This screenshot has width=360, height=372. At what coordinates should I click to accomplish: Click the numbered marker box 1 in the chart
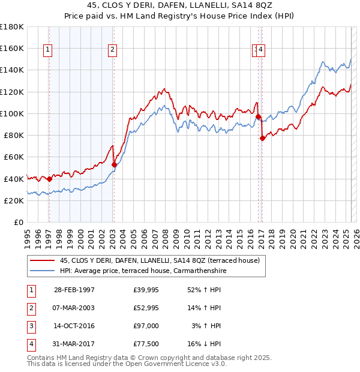click(47, 50)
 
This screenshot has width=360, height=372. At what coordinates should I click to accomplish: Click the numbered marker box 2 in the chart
click(112, 50)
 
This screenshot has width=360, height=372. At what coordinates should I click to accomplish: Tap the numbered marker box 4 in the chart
click(262, 50)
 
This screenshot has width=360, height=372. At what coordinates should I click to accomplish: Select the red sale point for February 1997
click(49, 179)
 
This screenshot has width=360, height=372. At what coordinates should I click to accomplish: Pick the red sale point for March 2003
click(113, 164)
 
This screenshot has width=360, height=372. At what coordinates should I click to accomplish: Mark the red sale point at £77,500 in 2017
click(262, 138)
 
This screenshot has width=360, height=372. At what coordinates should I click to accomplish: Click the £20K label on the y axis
click(13, 201)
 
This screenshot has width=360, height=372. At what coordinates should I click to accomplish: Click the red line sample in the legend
click(42, 260)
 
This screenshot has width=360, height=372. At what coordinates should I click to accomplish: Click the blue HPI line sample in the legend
click(42, 271)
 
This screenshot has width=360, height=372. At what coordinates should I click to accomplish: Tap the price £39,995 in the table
click(146, 290)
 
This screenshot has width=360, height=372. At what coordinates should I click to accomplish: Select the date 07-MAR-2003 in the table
click(74, 308)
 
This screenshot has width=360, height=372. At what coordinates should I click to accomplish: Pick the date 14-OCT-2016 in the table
click(74, 326)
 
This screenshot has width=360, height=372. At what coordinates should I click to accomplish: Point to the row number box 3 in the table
click(29, 326)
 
